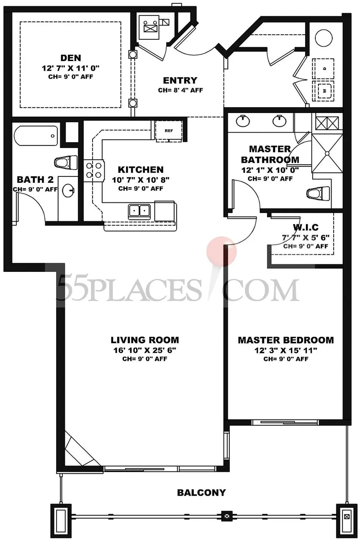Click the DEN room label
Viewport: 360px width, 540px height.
pyautogui.click(x=71, y=58)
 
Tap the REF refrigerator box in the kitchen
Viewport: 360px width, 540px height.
pyautogui.click(x=169, y=131)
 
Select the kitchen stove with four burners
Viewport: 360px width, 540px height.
pyautogui.click(x=94, y=170)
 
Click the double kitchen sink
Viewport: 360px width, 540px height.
pyautogui.click(x=139, y=211)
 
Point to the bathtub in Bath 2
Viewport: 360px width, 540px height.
pyautogui.click(x=36, y=136)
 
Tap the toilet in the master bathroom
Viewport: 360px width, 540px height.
pyautogui.click(x=318, y=193)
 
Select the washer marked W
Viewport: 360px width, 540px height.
pyautogui.click(x=324, y=91)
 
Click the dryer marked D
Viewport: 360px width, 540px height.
pyautogui.click(x=324, y=69)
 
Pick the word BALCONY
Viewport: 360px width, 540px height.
pyautogui.click(x=201, y=493)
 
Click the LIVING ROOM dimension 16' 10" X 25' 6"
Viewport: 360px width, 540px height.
pyautogui.click(x=145, y=350)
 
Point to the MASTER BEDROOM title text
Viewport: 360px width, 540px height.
pyautogui.click(x=286, y=340)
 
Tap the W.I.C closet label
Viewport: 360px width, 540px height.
pyautogui.click(x=306, y=227)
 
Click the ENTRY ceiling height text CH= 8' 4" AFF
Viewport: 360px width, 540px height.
pyautogui.click(x=180, y=90)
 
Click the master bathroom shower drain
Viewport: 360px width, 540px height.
pyautogui.click(x=327, y=154)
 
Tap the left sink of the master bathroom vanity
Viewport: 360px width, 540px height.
pyautogui.click(x=243, y=120)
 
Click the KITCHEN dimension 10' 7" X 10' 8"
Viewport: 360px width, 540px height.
pyautogui.click(x=141, y=180)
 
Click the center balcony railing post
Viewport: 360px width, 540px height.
pyautogui.click(x=226, y=517)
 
